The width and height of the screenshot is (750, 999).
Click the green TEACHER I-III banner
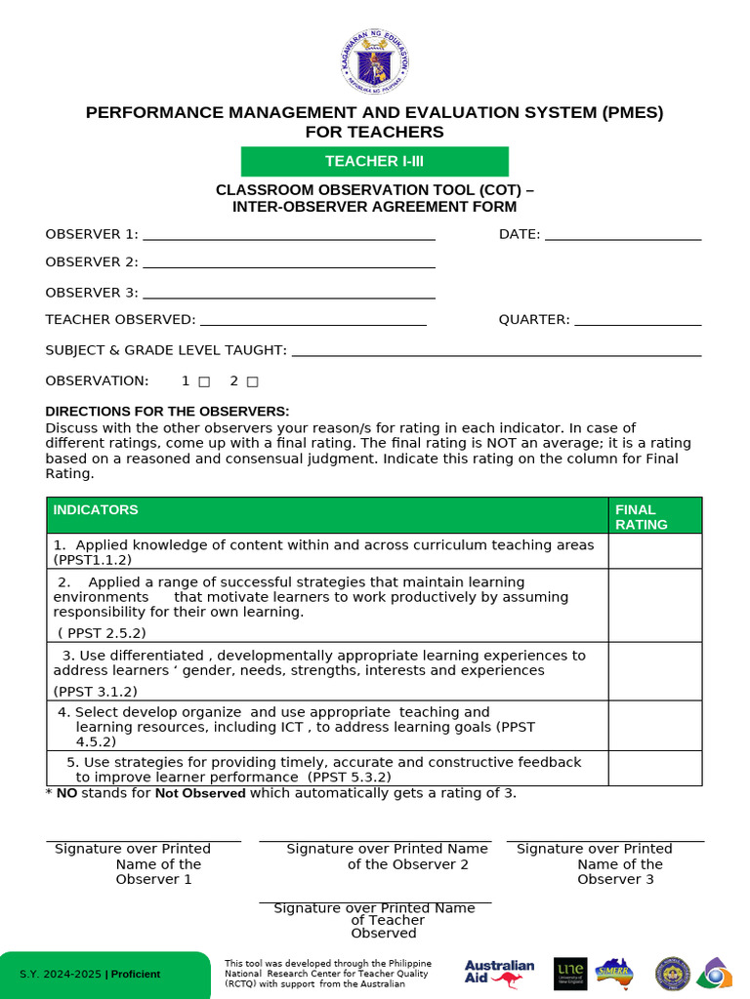click(x=375, y=161)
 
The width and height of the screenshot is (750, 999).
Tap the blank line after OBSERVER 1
click(x=288, y=235)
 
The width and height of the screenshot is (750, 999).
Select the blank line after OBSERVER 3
click(x=288, y=294)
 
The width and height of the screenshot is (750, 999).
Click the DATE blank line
click(x=623, y=235)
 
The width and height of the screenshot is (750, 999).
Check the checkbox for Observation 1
click(x=204, y=381)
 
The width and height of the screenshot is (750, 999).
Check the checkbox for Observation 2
click(x=252, y=381)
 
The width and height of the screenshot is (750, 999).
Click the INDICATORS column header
click(x=96, y=510)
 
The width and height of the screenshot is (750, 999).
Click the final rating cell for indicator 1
click(x=654, y=551)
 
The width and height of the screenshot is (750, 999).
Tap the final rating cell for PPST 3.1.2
click(x=654, y=671)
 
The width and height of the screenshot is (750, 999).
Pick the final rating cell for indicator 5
click(x=654, y=768)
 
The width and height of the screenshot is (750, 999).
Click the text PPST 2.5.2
click(x=103, y=633)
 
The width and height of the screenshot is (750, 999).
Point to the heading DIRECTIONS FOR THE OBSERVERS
click(x=167, y=412)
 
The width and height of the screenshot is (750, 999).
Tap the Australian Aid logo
click(x=499, y=973)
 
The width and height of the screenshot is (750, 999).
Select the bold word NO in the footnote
click(x=66, y=793)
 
